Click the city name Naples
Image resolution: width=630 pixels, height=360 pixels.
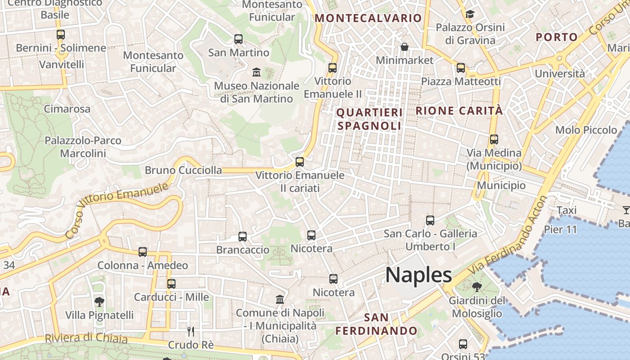(x=418, y=274)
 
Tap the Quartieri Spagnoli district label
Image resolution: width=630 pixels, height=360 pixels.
(x=369, y=119)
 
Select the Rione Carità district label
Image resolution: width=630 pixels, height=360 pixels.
(x=459, y=111)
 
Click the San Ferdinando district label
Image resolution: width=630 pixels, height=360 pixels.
(x=376, y=324)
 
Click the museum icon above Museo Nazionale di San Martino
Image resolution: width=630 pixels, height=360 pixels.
(x=256, y=72)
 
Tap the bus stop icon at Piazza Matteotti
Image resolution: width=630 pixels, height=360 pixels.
(x=460, y=68)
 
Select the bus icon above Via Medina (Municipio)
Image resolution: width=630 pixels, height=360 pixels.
(x=494, y=139)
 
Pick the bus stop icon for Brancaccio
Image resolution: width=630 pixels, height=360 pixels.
(x=243, y=236)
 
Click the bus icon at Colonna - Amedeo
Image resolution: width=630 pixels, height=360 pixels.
(x=143, y=252)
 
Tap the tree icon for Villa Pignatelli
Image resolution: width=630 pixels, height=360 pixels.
(x=99, y=301)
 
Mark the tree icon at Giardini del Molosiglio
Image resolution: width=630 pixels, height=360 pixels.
(x=477, y=287)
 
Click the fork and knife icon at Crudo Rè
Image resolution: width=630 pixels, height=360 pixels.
(x=191, y=332)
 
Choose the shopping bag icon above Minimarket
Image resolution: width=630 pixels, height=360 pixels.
(x=405, y=47)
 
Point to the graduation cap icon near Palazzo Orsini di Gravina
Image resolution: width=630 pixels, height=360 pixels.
(x=470, y=14)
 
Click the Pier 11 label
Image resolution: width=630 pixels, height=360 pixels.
(x=560, y=229)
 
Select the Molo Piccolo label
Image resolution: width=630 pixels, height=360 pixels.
(x=586, y=130)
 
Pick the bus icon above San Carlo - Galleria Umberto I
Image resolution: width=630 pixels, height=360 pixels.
(x=430, y=220)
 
